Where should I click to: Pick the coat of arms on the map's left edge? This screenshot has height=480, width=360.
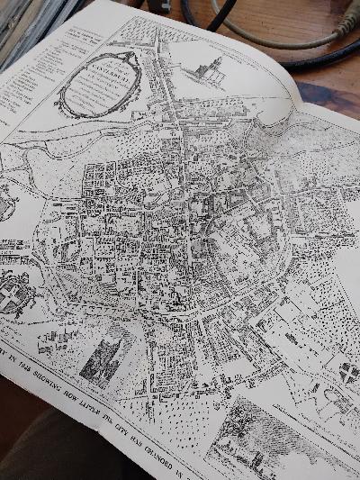click(x=8, y=293)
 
